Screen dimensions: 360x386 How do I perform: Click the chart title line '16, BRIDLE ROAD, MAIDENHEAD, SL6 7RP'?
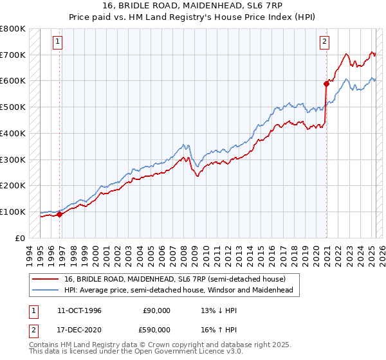[x=193, y=5]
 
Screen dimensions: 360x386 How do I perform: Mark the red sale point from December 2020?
[x=326, y=83]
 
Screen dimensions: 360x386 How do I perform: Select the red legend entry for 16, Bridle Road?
[x=167, y=278]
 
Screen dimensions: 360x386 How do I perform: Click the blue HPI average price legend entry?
[x=174, y=290]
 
